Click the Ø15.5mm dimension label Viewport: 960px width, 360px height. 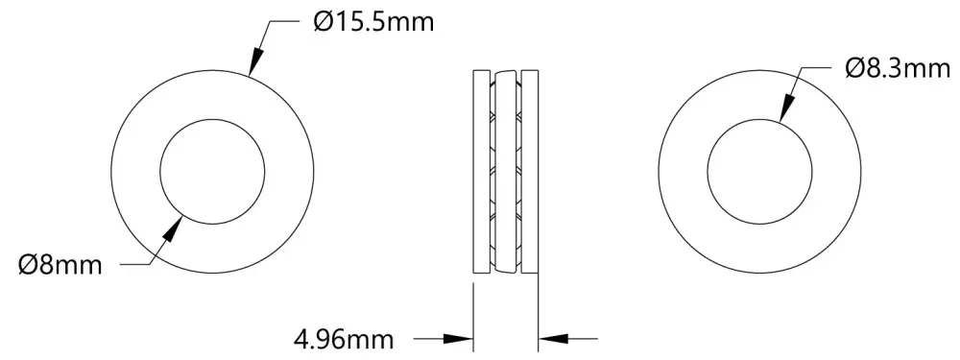tap(372, 23)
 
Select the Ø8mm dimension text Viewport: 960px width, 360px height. tap(60, 266)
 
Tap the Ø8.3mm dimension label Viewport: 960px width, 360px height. tap(898, 68)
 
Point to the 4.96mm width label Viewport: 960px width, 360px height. tap(344, 339)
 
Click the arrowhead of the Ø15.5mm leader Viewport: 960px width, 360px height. tap(256, 61)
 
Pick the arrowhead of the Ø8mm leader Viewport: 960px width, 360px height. tap(174, 230)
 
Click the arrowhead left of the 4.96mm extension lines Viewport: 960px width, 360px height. tap(458, 337)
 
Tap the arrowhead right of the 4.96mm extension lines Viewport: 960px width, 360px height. tap(554, 337)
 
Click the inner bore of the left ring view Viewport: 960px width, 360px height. tap(212, 119)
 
